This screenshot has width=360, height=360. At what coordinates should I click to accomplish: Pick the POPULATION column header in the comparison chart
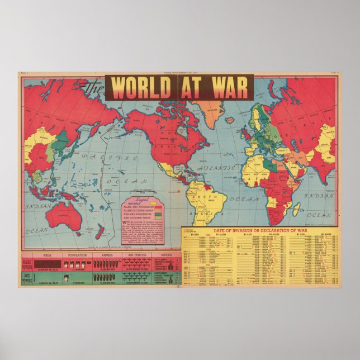coord(77,254)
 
